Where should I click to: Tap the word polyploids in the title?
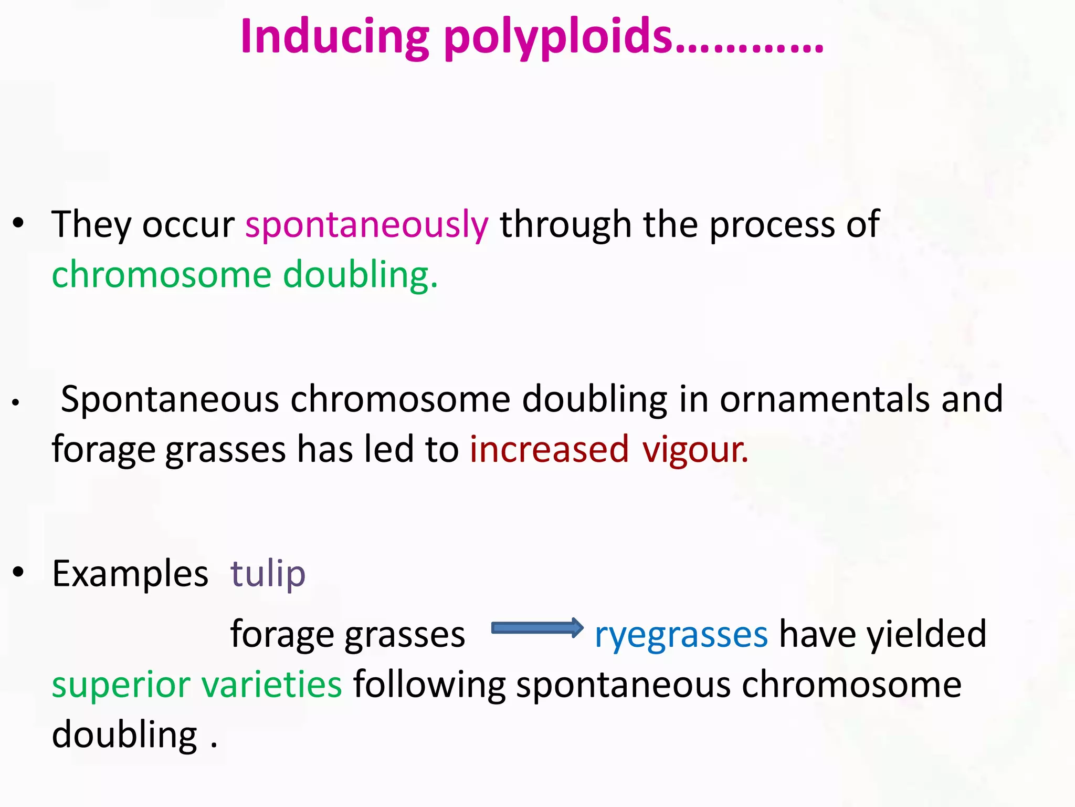tap(558, 38)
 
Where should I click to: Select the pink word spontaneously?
tap(366, 225)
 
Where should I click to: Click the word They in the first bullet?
tap(90, 225)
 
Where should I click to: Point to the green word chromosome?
tap(161, 275)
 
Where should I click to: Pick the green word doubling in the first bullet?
tap(360, 275)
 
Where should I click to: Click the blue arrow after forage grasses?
tap(536, 628)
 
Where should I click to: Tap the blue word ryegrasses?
tap(681, 635)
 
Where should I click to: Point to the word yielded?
tap(926, 634)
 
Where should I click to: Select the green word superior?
tap(121, 685)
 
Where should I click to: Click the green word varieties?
tap(271, 684)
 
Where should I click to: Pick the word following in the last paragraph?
tap(429, 685)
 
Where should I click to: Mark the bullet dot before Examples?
tap(18, 572)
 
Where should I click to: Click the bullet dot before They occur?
tap(18, 223)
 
